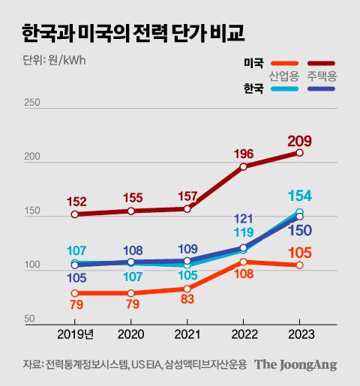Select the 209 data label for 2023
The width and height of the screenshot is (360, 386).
[x=298, y=140]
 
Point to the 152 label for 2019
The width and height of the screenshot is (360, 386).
[x=77, y=202]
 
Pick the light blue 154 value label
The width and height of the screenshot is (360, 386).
[x=299, y=196]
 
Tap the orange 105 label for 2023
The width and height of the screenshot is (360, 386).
[x=299, y=253]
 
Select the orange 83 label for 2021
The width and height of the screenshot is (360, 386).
[x=187, y=299]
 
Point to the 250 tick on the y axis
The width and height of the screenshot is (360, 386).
[x=31, y=103]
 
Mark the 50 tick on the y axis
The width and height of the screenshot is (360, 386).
[x=29, y=319]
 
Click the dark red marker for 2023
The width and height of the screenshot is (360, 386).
[x=299, y=153]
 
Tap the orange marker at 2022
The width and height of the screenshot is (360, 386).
[x=244, y=262]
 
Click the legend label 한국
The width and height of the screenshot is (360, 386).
[x=253, y=88]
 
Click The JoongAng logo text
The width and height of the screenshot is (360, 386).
[x=295, y=365]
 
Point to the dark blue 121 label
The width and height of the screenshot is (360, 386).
[x=244, y=219]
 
